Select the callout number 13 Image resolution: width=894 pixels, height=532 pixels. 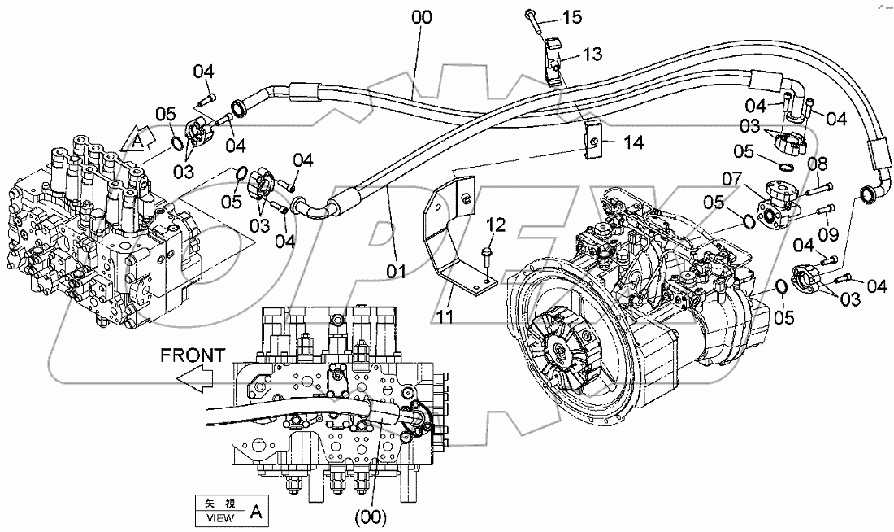coord(592,55)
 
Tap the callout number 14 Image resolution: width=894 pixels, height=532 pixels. coord(633,142)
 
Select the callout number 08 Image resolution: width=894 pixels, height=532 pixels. coord(817,164)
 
